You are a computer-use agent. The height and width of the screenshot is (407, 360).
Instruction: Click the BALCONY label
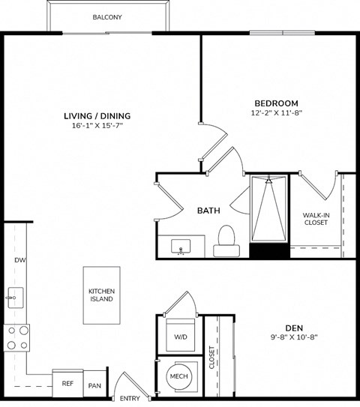click(x=107, y=17)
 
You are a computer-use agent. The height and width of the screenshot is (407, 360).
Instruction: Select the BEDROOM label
click(x=276, y=103)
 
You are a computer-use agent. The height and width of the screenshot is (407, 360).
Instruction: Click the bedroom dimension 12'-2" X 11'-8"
click(x=276, y=113)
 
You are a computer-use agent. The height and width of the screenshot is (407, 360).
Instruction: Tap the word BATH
click(x=208, y=211)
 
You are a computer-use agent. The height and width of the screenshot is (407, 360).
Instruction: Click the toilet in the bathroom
click(x=224, y=241)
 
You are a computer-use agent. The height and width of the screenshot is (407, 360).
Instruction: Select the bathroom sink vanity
click(x=181, y=247)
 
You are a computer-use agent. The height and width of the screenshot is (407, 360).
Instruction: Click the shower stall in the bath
click(x=268, y=210)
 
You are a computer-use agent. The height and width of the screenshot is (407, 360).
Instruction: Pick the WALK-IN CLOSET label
click(x=316, y=219)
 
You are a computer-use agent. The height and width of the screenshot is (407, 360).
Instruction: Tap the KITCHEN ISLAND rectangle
click(x=101, y=295)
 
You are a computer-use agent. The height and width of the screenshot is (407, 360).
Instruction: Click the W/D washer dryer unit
click(x=181, y=337)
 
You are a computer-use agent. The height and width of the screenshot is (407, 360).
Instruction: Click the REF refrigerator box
click(x=67, y=383)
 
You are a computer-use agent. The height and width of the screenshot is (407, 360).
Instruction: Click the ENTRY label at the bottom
click(x=129, y=399)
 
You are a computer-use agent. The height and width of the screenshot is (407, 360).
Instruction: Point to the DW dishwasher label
click(x=19, y=260)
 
